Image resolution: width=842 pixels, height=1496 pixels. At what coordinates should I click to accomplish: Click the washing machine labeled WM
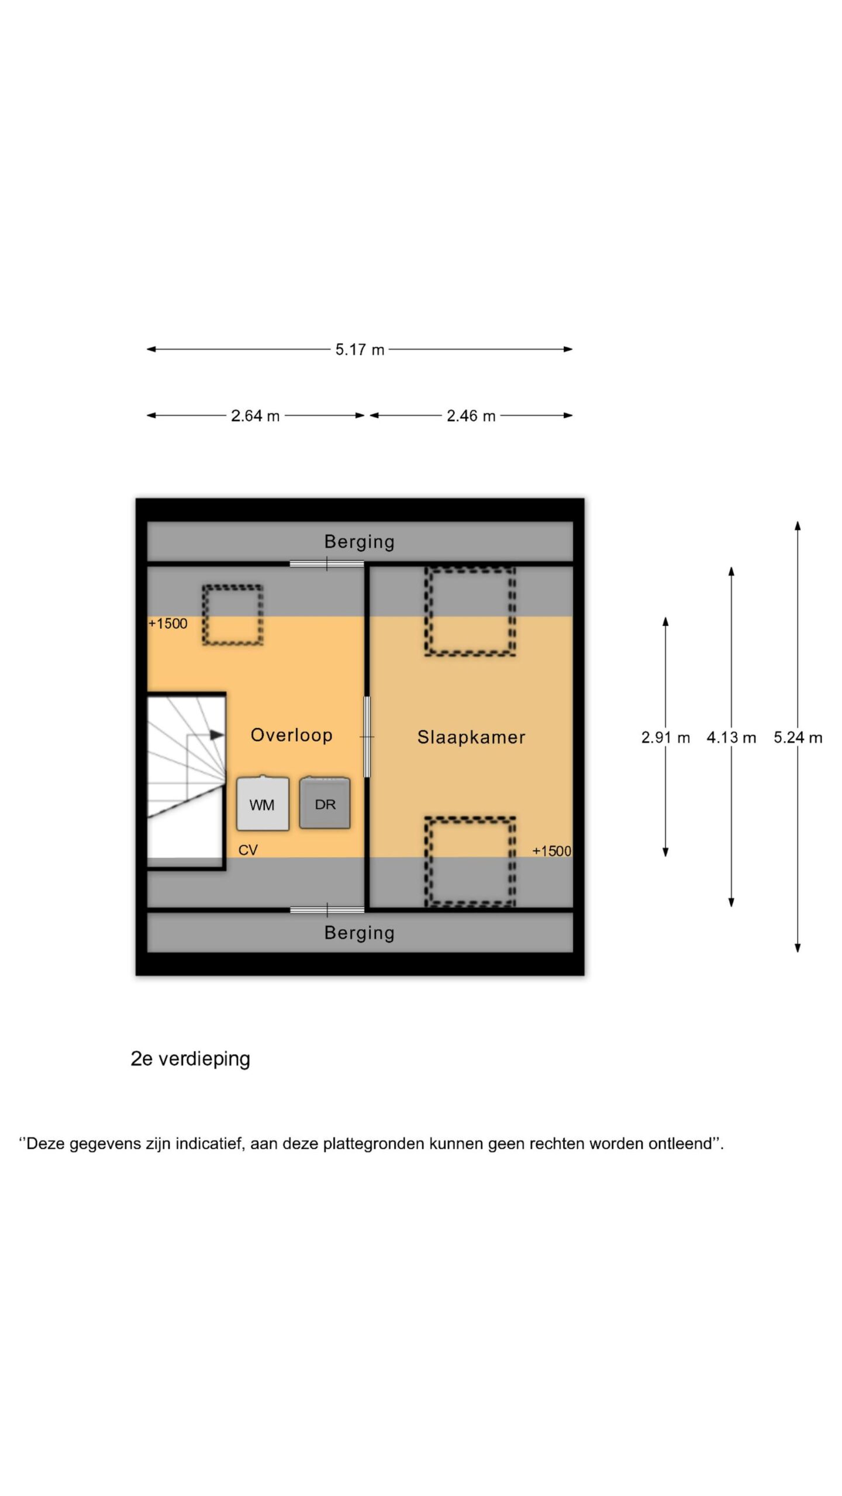tap(263, 803)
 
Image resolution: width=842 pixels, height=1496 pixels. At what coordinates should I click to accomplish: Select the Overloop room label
tap(292, 735)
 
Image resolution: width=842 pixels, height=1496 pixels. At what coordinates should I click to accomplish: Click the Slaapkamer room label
tap(471, 737)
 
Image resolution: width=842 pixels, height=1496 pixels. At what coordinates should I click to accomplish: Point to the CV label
tap(248, 850)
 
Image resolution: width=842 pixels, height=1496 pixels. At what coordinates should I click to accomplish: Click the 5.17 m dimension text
tap(360, 349)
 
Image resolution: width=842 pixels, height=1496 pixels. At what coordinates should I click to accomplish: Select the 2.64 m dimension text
tap(256, 416)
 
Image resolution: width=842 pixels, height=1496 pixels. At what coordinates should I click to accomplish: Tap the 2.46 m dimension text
tap(471, 416)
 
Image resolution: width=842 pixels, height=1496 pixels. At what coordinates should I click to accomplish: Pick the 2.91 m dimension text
tap(665, 737)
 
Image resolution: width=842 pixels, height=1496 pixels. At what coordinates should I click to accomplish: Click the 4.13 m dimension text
tap(731, 737)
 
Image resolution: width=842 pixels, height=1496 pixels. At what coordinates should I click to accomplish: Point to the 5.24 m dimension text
tap(798, 737)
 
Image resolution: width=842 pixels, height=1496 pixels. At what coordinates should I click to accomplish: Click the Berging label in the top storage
tap(360, 542)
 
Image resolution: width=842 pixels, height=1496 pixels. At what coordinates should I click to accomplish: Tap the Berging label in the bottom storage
tap(360, 933)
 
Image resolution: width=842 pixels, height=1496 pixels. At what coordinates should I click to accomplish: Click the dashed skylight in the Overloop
tap(233, 586)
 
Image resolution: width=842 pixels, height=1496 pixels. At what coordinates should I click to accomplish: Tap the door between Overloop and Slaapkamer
tap(367, 737)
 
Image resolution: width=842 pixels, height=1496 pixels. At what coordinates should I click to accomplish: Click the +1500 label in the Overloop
tap(168, 624)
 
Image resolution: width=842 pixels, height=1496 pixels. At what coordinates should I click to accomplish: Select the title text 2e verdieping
tap(191, 1059)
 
